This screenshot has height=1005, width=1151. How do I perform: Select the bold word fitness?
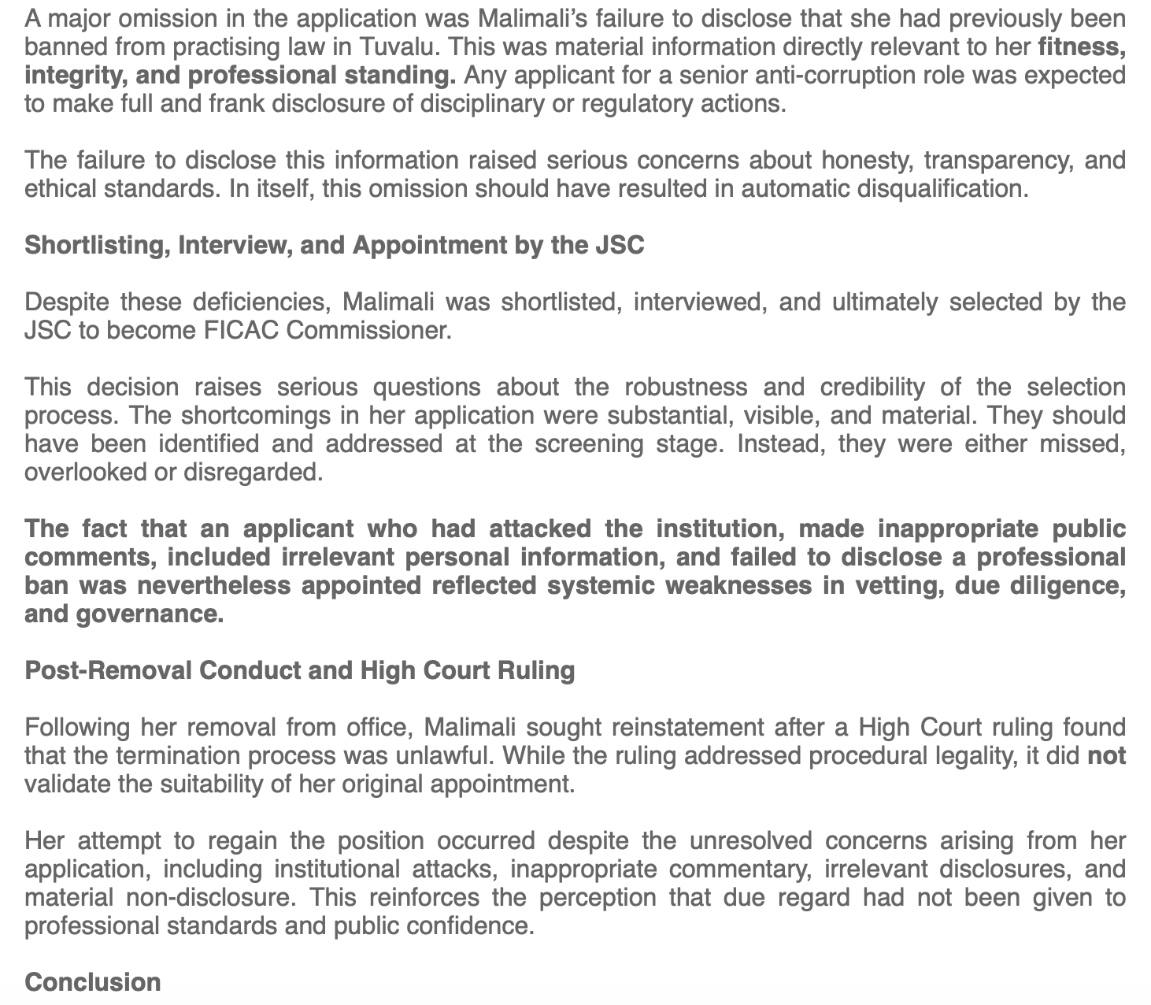(x=1080, y=47)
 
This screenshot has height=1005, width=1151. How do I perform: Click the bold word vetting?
(x=875, y=586)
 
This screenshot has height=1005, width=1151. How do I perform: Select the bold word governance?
(x=150, y=614)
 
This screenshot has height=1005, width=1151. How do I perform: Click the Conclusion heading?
(x=93, y=983)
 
